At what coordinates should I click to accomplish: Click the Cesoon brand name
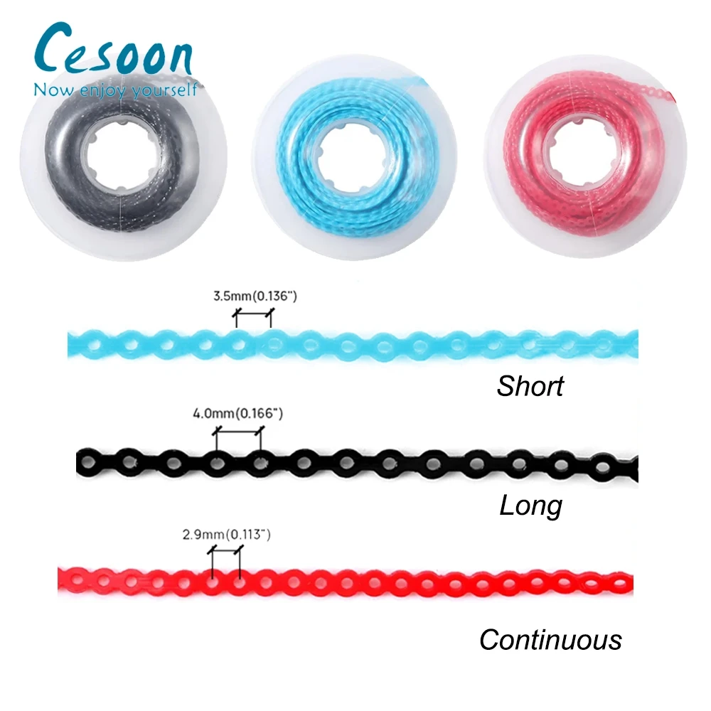pyautogui.click(x=112, y=51)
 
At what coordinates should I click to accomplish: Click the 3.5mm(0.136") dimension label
pyautogui.click(x=254, y=296)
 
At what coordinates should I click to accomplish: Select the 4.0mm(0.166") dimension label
pyautogui.click(x=237, y=413)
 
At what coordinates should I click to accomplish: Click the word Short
pyautogui.click(x=530, y=386)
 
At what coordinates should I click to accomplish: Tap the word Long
pyautogui.click(x=530, y=506)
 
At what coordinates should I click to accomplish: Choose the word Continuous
pyautogui.click(x=550, y=639)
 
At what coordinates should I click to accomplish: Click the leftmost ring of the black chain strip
pyautogui.click(x=89, y=463)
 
